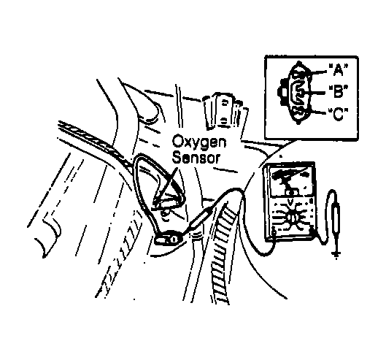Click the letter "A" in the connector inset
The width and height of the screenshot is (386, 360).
pos(339,69)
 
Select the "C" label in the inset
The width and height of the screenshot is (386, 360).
pos(339,115)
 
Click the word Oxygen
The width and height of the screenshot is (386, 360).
pos(199,143)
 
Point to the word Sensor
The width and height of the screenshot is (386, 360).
pos(196,158)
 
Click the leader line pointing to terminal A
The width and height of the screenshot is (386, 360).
pos(317,72)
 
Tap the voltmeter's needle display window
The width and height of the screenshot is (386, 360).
pos(291,180)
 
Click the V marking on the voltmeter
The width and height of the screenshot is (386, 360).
pos(290,202)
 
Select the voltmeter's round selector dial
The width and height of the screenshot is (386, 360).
pos(293,218)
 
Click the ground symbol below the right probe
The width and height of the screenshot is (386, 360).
pos(336,254)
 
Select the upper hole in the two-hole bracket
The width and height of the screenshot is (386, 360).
pos(224,103)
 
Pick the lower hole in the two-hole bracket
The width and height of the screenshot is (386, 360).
pos(223,120)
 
